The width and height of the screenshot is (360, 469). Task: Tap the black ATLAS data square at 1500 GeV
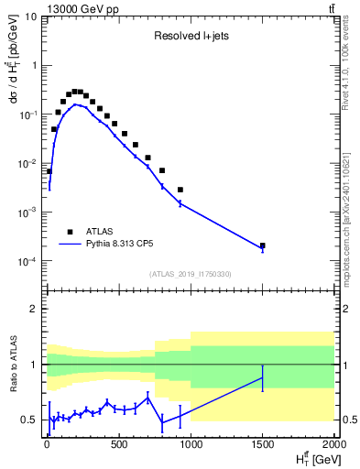click(263, 245)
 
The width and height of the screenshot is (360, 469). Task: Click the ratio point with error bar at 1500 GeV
click(263, 377)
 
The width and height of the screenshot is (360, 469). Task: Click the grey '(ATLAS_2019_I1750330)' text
click(191, 274)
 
